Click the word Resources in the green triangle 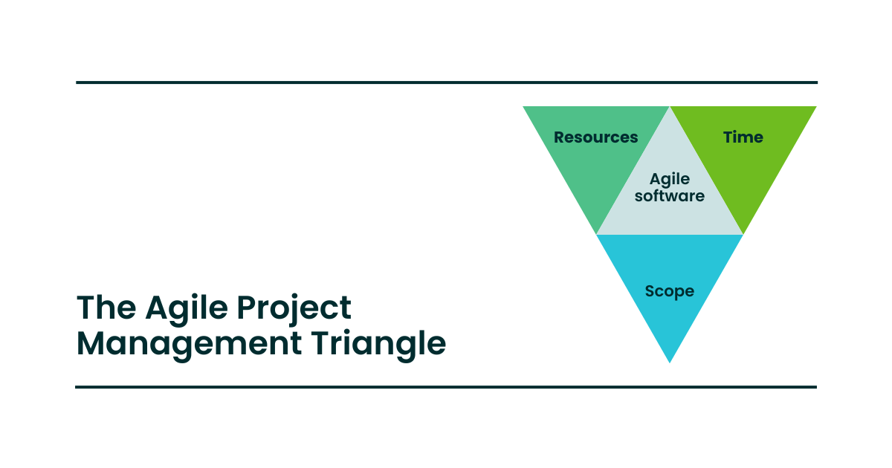coord(595,137)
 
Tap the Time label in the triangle coord(743,137)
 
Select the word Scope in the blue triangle coord(670,291)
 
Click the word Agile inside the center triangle coord(670,179)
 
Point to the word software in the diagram coord(670,196)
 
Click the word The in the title coord(106,308)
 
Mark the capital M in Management coord(93,343)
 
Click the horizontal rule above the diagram coord(446,82)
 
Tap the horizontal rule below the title coord(446,387)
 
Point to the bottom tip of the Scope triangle coord(670,360)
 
